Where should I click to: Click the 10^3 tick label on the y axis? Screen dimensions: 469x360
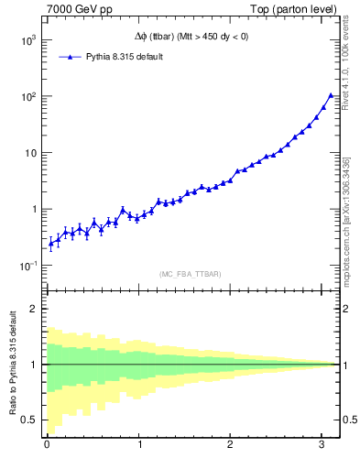coord(28,41)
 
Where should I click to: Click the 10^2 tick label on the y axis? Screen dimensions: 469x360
coord(28,97)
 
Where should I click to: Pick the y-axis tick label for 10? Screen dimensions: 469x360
coord(31,153)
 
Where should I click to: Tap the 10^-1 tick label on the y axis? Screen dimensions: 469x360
coord(28,266)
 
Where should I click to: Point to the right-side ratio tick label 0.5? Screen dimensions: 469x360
coord(348,420)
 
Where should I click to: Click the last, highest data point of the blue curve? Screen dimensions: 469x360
coord(331,95)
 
